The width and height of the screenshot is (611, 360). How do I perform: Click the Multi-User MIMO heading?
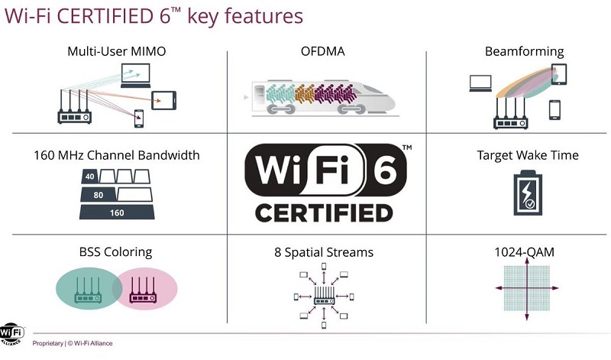[116, 52]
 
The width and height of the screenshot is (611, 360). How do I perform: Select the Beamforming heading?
[523, 52]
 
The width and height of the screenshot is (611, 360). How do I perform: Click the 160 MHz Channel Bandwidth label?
[116, 155]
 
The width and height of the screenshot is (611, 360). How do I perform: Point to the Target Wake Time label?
[528, 155]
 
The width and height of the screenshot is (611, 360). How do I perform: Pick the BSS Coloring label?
[116, 251]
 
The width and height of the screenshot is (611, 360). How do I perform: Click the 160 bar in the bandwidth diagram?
[117, 212]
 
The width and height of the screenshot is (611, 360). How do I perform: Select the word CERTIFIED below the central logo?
[324, 212]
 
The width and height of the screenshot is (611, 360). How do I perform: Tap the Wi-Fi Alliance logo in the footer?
[11, 334]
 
